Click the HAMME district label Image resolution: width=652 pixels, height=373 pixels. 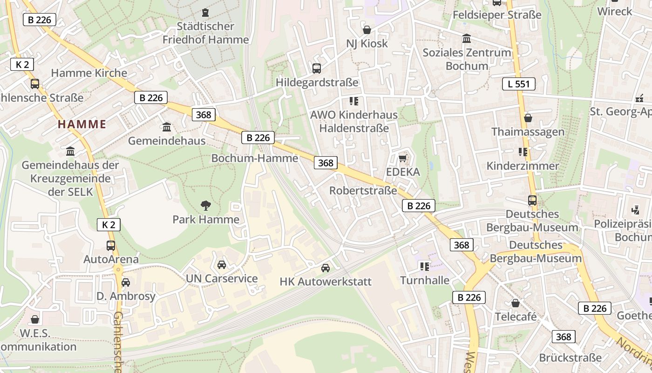click(82, 124)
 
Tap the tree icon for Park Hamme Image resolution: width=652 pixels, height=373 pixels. click(205, 205)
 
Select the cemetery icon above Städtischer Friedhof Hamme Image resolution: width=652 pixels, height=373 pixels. click(205, 12)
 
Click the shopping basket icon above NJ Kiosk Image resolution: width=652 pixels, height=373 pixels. click(367, 30)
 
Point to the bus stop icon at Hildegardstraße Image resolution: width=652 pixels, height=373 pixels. click(317, 69)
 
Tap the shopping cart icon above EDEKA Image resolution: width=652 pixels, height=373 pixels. click(403, 159)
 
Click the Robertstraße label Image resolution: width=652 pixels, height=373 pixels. click(363, 191)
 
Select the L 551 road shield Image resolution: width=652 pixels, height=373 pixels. click(518, 84)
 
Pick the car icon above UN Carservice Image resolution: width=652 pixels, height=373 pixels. click(222, 265)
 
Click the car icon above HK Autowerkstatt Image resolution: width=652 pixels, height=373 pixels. click(326, 268)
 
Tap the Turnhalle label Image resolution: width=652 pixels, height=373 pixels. click(425, 280)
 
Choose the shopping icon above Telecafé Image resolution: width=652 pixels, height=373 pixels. click(516, 303)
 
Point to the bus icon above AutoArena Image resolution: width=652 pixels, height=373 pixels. click(111, 245)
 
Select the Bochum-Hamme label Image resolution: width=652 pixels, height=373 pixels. click(255, 158)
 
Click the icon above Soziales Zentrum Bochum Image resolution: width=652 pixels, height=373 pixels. click(467, 39)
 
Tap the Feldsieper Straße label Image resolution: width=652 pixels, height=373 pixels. click(497, 15)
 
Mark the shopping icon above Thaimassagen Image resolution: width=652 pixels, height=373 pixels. click(528, 118)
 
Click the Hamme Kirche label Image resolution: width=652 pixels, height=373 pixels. click(89, 73)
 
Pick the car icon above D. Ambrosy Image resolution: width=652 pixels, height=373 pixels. click(126, 283)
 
